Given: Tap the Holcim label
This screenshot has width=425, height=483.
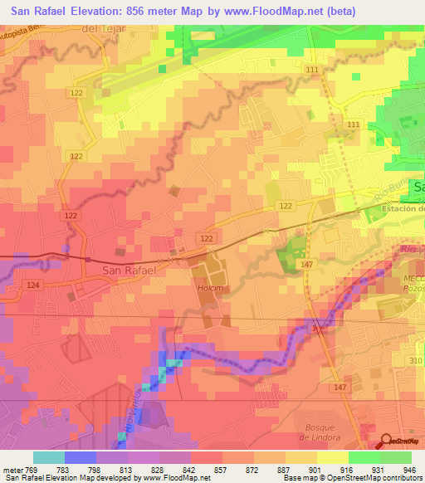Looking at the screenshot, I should (x=208, y=289).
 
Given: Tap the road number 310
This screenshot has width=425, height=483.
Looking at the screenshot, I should (x=414, y=361).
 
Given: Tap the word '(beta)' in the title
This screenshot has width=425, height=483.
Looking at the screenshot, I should (x=340, y=12).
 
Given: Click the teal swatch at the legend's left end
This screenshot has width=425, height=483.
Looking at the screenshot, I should (x=49, y=457).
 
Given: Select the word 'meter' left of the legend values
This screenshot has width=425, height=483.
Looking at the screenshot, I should (x=12, y=469).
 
